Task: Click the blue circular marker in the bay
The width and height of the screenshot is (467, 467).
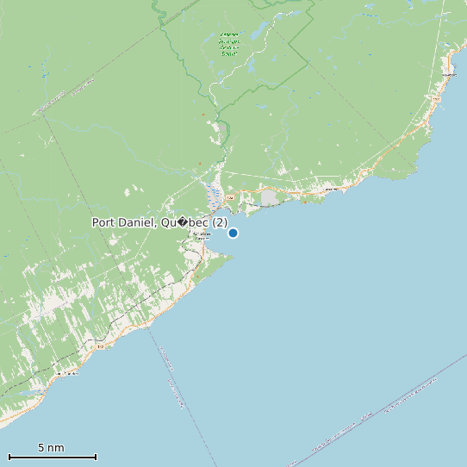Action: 233,233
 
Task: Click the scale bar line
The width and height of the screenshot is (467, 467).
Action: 52,457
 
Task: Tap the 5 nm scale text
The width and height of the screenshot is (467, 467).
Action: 51,447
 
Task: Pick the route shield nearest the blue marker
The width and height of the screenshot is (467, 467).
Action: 230,197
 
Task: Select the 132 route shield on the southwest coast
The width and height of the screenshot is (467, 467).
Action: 100,346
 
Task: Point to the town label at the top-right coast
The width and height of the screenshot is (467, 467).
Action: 448,75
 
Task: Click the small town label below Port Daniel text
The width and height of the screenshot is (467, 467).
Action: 202,235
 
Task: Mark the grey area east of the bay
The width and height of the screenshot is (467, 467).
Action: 270,198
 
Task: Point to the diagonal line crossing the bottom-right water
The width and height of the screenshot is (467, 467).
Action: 388,405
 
